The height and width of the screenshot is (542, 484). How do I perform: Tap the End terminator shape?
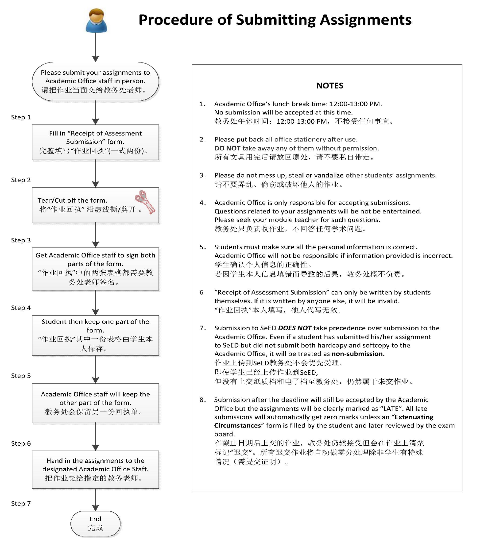(95, 523)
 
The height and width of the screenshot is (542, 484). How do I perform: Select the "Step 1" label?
(21, 117)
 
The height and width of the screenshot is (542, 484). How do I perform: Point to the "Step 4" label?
(21, 308)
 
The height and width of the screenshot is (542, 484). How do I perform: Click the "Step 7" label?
(21, 504)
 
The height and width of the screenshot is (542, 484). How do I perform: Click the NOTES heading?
(329, 86)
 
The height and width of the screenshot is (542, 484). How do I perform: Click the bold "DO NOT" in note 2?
(227, 148)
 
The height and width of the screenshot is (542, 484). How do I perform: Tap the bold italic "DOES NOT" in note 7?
(295, 328)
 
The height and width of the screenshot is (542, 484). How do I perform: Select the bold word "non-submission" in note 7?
(357, 354)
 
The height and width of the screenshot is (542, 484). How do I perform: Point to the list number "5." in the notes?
(203, 247)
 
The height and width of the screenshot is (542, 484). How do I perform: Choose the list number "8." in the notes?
(203, 400)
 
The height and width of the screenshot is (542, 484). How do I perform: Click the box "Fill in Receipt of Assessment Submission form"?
(95, 142)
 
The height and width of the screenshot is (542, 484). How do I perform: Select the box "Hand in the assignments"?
(95, 469)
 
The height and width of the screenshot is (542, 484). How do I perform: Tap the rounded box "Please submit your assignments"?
(95, 81)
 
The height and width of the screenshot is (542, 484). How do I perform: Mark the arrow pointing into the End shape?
(95, 500)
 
